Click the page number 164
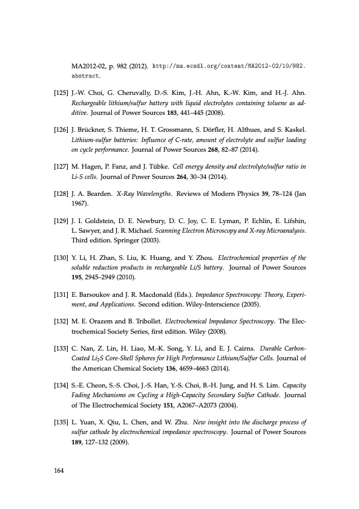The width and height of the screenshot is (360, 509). point(59,469)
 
